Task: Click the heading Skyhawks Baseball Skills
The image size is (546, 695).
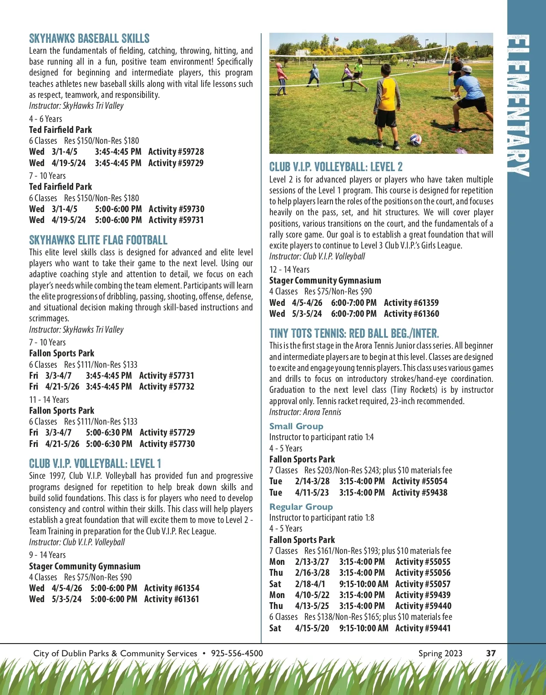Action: point(89,39)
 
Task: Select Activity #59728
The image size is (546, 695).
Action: point(176,152)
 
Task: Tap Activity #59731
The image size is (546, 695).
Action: point(176,220)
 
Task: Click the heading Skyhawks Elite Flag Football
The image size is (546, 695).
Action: point(98,240)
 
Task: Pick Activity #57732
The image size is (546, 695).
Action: point(167,387)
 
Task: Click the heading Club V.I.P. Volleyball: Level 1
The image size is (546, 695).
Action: point(95,464)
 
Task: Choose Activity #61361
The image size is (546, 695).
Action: point(172,599)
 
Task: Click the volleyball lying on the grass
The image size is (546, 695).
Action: point(415,139)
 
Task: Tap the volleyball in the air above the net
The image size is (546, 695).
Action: point(336,39)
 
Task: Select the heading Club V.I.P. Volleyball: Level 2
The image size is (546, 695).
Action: point(336,167)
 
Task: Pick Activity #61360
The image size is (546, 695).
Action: point(411,314)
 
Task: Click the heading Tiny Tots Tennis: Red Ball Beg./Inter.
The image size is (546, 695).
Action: point(354,334)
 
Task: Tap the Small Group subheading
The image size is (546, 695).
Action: point(296,426)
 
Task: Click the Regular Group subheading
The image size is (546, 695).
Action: point(301,507)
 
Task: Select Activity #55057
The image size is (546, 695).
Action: point(423,584)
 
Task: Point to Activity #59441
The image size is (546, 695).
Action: point(423,629)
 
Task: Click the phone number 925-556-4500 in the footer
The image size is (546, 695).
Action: point(237,654)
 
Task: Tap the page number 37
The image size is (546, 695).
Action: point(491,654)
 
